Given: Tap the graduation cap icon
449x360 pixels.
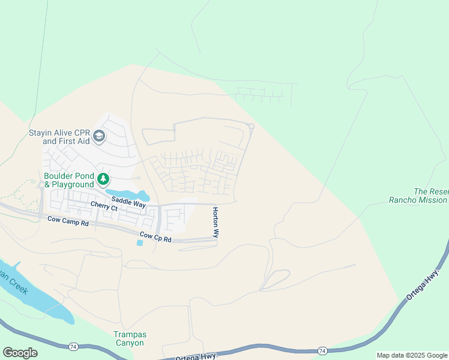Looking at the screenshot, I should pyautogui.click(x=100, y=137).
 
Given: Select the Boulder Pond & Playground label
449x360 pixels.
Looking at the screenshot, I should pyautogui.click(x=69, y=180).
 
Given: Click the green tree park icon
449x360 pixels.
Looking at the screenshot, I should pyautogui.click(x=104, y=178).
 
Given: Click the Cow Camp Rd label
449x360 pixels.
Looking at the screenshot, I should pyautogui.click(x=68, y=222).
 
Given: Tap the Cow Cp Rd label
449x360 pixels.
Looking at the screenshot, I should pyautogui.click(x=155, y=238).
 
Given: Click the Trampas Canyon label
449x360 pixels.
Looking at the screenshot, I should pyautogui.click(x=129, y=338).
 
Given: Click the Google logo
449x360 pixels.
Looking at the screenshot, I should pyautogui.click(x=20, y=353).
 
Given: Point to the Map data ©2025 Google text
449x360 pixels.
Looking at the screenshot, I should pyautogui.click(x=412, y=355).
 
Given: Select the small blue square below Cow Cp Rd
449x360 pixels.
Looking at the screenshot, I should pyautogui.click(x=140, y=242).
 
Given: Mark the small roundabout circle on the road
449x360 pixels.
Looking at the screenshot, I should pyautogui.click(x=252, y=126).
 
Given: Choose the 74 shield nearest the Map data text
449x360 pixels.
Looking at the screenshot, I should pyautogui.click(x=322, y=350).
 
